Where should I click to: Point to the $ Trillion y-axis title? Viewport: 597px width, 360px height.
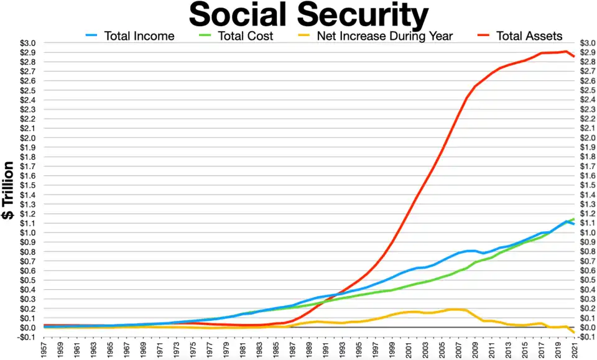tap(9, 190)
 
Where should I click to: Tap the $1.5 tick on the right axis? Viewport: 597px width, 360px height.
tap(588, 185)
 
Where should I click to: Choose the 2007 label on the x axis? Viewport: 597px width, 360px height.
tap(458, 349)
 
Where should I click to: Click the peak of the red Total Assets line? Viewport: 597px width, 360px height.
tap(565, 52)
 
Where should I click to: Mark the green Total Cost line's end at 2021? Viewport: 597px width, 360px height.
tap(573, 219)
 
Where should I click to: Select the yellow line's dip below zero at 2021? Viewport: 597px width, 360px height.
tap(573, 333)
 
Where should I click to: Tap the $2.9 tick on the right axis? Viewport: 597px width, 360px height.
tap(588, 52)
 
